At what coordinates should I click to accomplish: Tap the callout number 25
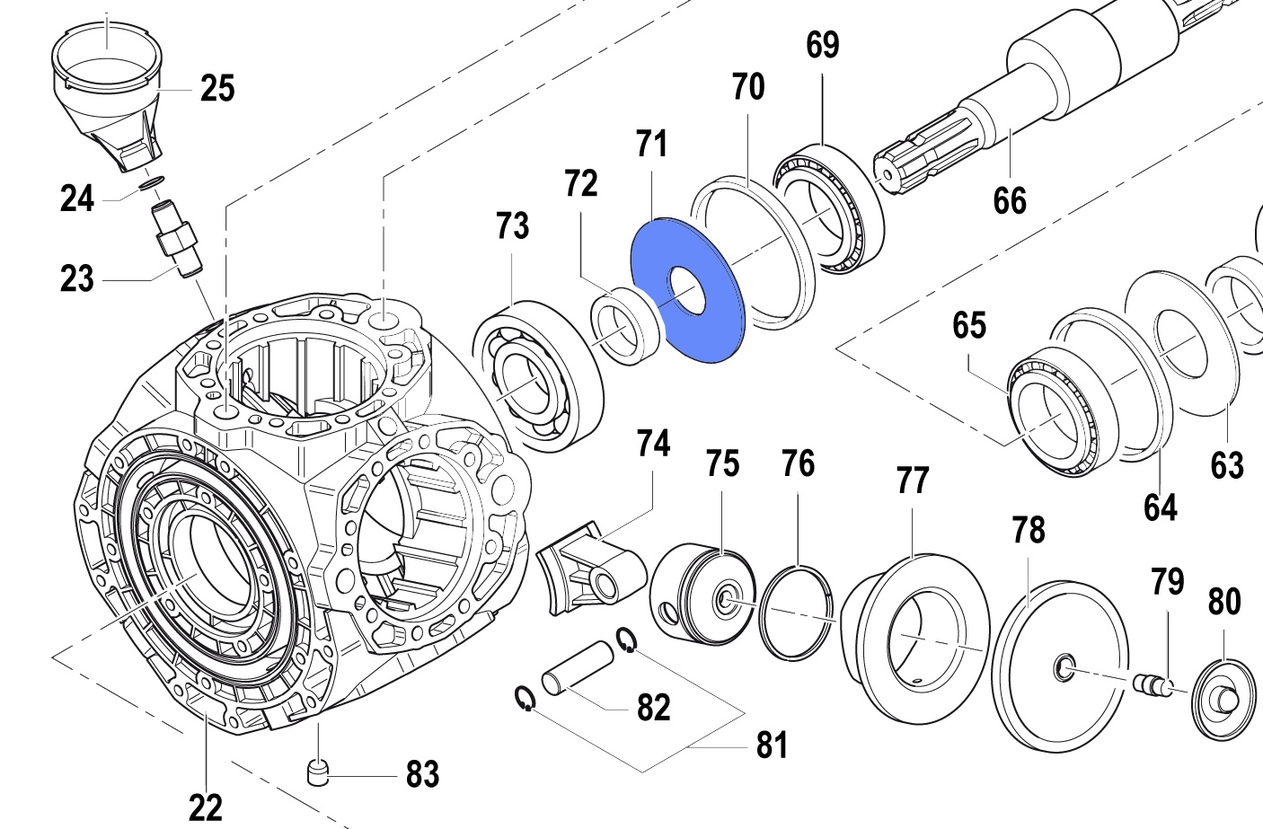(x=217, y=89)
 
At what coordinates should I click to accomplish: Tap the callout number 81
(x=772, y=745)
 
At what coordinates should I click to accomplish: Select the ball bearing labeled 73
(x=537, y=377)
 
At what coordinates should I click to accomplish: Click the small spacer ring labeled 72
(x=625, y=325)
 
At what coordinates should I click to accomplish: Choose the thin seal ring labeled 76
(x=796, y=613)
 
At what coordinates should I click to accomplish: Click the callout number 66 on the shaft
(x=1010, y=200)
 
